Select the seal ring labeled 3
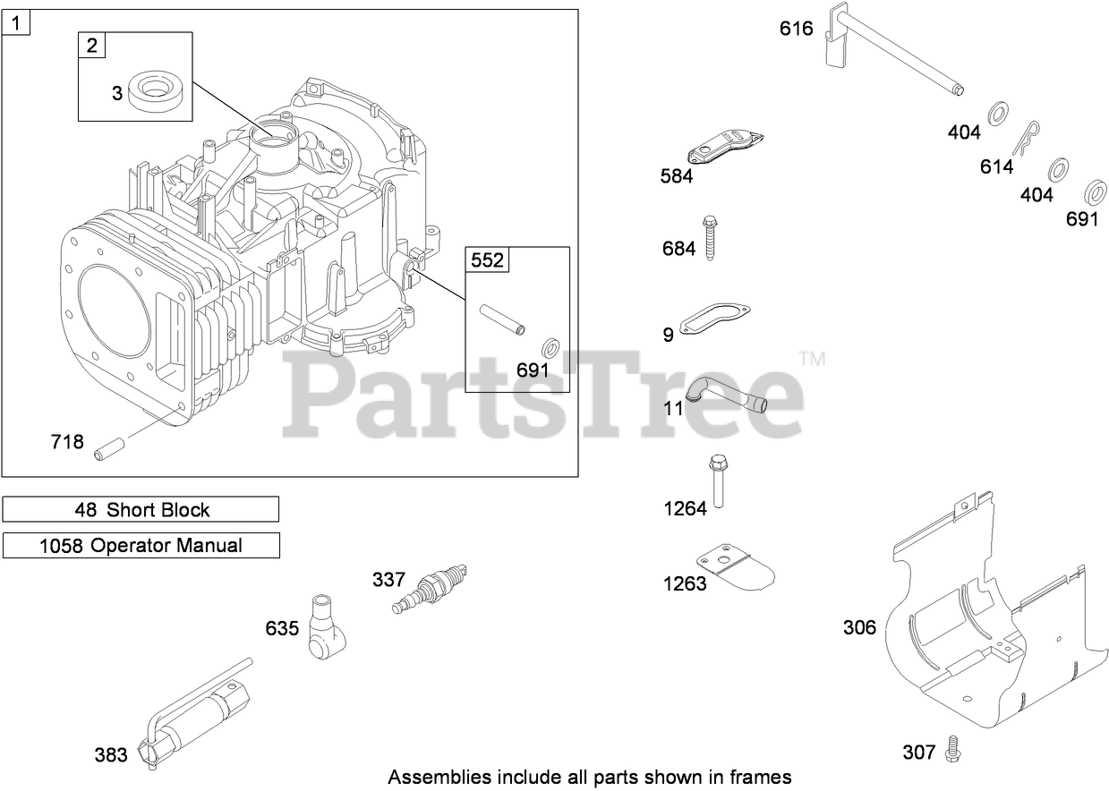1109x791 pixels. (x=161, y=90)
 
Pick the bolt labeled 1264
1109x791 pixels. (x=717, y=483)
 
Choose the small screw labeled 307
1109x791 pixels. (x=952, y=749)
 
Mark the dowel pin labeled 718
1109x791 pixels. (x=109, y=445)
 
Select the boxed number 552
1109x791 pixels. (x=487, y=260)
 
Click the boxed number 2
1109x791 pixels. (x=93, y=46)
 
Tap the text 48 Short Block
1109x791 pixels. (x=141, y=510)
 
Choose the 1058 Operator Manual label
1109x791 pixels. (x=141, y=545)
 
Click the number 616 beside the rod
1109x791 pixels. (x=796, y=29)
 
